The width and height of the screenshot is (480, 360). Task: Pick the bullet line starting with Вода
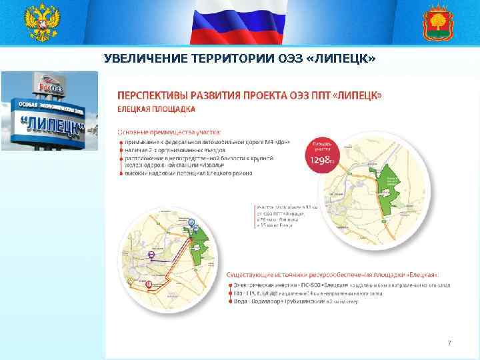(297, 302)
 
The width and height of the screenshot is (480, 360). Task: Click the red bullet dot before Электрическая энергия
(230, 285)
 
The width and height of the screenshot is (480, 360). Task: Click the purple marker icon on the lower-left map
(151, 255)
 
